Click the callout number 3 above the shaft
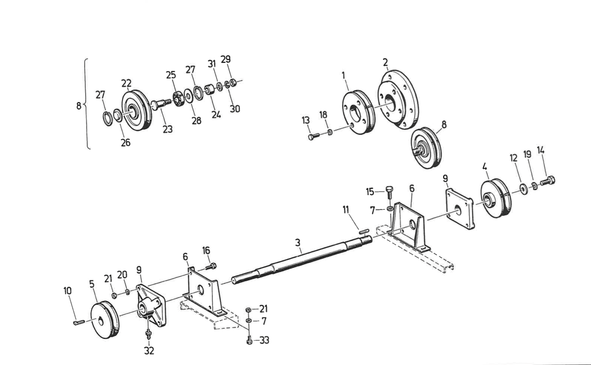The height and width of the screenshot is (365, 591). pos(298,243)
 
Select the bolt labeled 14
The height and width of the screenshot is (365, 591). pos(548,181)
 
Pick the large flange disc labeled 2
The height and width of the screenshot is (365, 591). pos(398,100)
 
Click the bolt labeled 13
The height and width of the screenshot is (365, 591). pos(313,136)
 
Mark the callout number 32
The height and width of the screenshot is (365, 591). pos(149,351)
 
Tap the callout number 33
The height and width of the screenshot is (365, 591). pos(264,340)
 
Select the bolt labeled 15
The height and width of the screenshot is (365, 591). pos(389,193)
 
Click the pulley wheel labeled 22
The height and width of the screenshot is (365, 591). pos(135,111)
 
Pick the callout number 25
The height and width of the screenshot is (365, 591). pos(171,75)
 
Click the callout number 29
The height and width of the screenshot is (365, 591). pos(226,59)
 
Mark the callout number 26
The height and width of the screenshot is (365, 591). pos(125,143)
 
